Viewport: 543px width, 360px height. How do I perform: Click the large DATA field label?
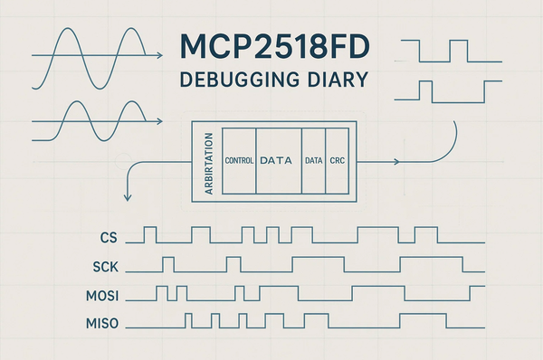(279, 160)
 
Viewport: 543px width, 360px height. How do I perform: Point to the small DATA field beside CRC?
(313, 160)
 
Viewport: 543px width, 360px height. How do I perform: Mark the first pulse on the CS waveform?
(150, 235)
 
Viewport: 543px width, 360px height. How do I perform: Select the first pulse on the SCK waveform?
(167, 263)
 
